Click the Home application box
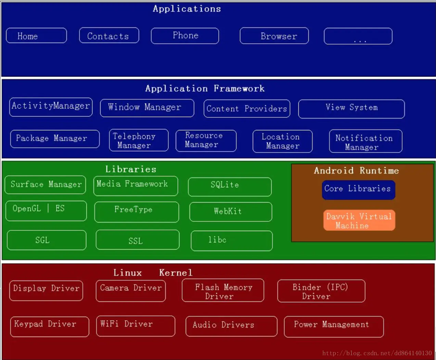click(36, 36)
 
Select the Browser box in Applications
click(274, 36)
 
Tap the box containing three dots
click(358, 36)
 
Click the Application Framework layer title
click(205, 89)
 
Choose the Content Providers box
click(247, 109)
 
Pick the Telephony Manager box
click(139, 140)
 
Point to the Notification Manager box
click(366, 141)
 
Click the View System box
click(351, 109)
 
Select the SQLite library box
click(230, 187)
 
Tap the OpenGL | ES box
click(46, 210)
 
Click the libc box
click(232, 241)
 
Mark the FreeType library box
click(137, 212)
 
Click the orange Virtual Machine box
click(359, 220)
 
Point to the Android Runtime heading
click(356, 170)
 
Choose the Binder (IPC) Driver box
click(321, 291)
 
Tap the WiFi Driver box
click(136, 326)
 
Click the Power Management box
click(334, 326)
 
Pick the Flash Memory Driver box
click(223, 291)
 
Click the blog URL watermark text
click(377, 353)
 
